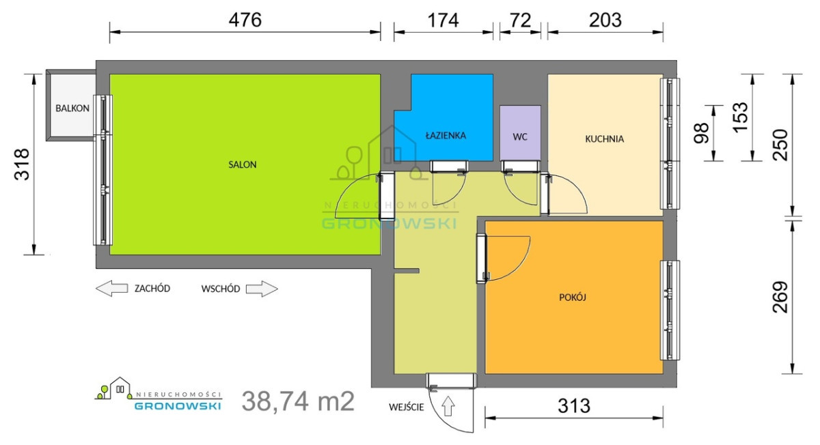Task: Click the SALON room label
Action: [243, 164]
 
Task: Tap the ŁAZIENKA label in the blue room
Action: [446, 136]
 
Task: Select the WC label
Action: [520, 137]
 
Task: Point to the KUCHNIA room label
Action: [604, 139]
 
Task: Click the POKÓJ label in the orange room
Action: [573, 297]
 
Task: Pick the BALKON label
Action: [72, 109]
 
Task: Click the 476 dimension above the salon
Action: [245, 20]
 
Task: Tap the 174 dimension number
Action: [443, 20]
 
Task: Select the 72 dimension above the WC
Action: [520, 20]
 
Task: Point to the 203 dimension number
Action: [605, 20]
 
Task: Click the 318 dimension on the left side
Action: [22, 164]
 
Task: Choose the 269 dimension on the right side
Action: [780, 297]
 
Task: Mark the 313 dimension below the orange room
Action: [574, 406]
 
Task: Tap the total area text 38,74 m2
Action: [298, 401]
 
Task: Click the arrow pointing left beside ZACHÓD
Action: [111, 289]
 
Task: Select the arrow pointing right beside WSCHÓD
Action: [262, 289]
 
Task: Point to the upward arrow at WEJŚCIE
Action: [448, 406]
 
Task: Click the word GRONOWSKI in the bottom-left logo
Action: [178, 406]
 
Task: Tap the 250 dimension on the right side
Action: [780, 145]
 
